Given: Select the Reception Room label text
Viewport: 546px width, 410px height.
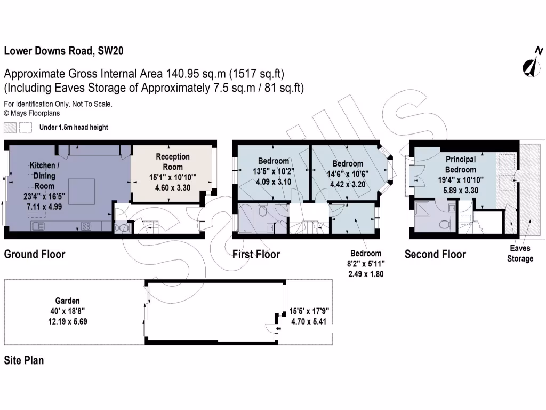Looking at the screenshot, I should [x=172, y=161].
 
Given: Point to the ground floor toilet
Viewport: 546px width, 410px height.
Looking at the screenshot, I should [x=123, y=228].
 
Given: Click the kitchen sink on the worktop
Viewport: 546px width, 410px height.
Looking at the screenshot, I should [x=38, y=226].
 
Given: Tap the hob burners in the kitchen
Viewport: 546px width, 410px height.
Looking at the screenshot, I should [x=85, y=226].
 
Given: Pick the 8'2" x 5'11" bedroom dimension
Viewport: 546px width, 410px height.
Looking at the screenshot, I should [x=366, y=263].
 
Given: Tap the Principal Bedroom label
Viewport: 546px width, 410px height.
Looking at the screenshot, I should [x=461, y=164].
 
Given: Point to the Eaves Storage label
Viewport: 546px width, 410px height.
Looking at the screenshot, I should [x=520, y=254].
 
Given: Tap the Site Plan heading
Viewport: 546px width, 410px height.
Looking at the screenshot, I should [x=24, y=360].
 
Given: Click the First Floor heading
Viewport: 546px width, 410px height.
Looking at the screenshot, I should [x=256, y=254].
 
